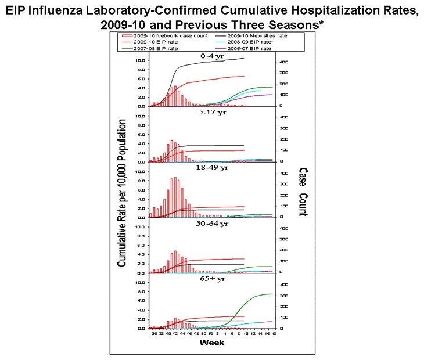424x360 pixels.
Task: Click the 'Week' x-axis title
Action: click(211, 343)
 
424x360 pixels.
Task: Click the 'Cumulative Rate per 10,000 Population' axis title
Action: click(123, 193)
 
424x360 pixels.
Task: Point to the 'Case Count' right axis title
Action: click(302, 192)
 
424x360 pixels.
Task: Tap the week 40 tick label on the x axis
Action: click(168, 334)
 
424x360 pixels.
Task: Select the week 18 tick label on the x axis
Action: click(272, 334)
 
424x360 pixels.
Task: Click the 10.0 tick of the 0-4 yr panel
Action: click(140, 60)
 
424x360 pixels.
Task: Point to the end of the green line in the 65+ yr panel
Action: click(272, 294)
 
